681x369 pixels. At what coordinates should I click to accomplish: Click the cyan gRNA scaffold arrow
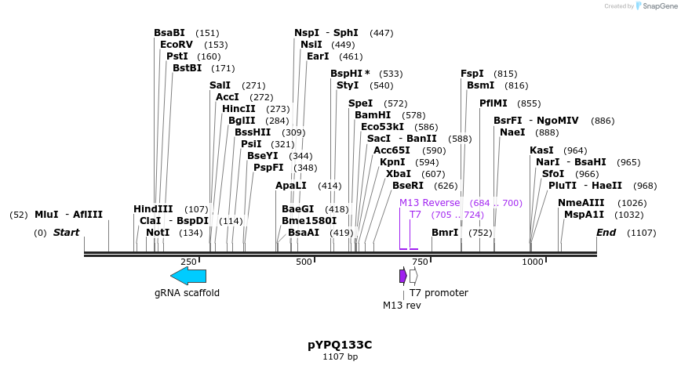tap(188, 276)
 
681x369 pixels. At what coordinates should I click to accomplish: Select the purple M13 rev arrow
tap(402, 276)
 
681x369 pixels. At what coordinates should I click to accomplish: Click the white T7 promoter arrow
tap(413, 276)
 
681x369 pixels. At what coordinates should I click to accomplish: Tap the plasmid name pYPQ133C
tap(340, 345)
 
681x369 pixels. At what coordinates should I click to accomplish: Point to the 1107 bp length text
tap(340, 357)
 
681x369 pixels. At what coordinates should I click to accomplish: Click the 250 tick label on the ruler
tap(188, 262)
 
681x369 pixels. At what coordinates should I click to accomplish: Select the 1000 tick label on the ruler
tap(532, 262)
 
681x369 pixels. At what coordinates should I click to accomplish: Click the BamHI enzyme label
tap(372, 115)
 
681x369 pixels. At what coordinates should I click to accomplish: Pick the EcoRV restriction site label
tap(176, 45)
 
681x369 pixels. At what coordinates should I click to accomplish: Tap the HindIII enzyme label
tap(153, 209)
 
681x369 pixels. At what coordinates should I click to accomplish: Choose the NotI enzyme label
tap(158, 233)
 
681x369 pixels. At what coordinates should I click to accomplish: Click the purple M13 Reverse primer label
tap(430, 203)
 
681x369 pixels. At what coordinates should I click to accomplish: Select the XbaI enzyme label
tap(399, 174)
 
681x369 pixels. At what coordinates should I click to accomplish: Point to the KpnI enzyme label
tap(392, 162)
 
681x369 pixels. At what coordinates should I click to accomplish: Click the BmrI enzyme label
tap(445, 233)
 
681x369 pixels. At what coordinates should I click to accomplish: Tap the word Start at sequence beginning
tap(66, 233)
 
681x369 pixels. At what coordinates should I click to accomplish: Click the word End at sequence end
tap(606, 233)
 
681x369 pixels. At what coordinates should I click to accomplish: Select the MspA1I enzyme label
tap(584, 215)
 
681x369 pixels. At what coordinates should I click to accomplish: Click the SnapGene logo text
tap(655, 6)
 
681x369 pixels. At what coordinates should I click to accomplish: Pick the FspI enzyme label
tap(472, 74)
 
